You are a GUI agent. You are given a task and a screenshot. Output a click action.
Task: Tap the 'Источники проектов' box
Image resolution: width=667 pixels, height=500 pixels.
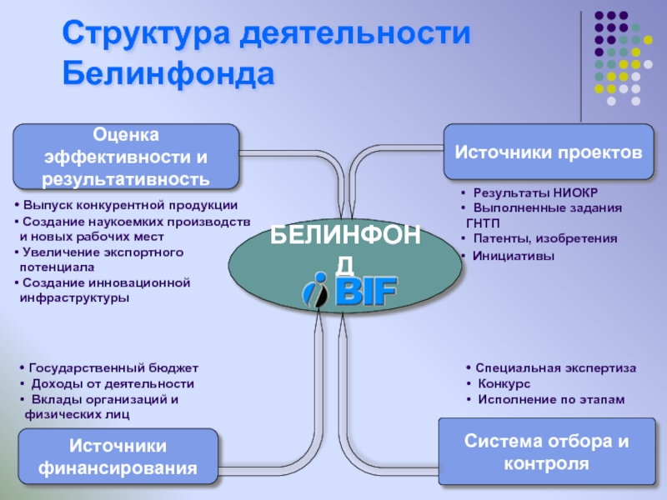click(x=548, y=152)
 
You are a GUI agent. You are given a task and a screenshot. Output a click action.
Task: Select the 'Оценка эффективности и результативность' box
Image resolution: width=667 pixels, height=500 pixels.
click(x=126, y=156)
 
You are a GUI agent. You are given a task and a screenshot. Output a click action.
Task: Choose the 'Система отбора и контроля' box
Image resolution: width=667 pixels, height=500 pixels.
click(x=547, y=452)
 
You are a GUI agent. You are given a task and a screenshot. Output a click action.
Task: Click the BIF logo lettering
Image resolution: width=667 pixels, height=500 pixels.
click(x=366, y=291)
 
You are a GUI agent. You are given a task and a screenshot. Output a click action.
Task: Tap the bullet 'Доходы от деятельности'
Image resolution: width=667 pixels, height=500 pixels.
click(x=112, y=383)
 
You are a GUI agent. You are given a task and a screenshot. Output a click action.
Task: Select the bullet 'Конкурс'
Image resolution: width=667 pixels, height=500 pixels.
click(x=504, y=383)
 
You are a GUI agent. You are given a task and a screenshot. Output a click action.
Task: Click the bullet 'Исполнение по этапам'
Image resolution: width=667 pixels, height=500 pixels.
click(x=550, y=400)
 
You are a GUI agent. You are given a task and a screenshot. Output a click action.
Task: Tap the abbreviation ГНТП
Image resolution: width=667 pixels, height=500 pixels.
click(x=484, y=223)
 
